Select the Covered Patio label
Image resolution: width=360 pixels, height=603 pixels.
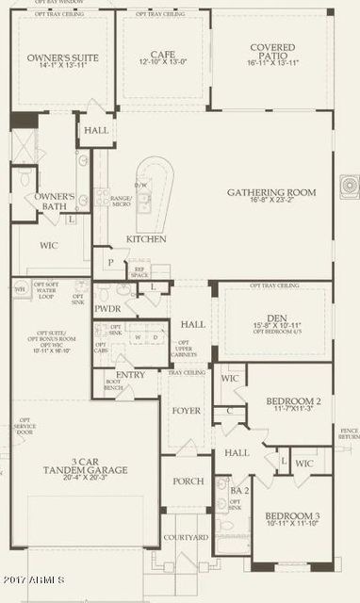coord(271,47)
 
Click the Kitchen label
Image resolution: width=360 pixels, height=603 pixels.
coord(146,239)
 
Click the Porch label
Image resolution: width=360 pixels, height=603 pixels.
coord(188,481)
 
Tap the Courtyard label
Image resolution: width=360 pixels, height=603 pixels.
coord(188,538)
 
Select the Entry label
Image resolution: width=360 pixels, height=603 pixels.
coord(130,374)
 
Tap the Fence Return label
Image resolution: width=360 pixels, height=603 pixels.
coord(349,433)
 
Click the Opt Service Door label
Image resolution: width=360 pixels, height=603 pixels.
coord(25,425)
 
